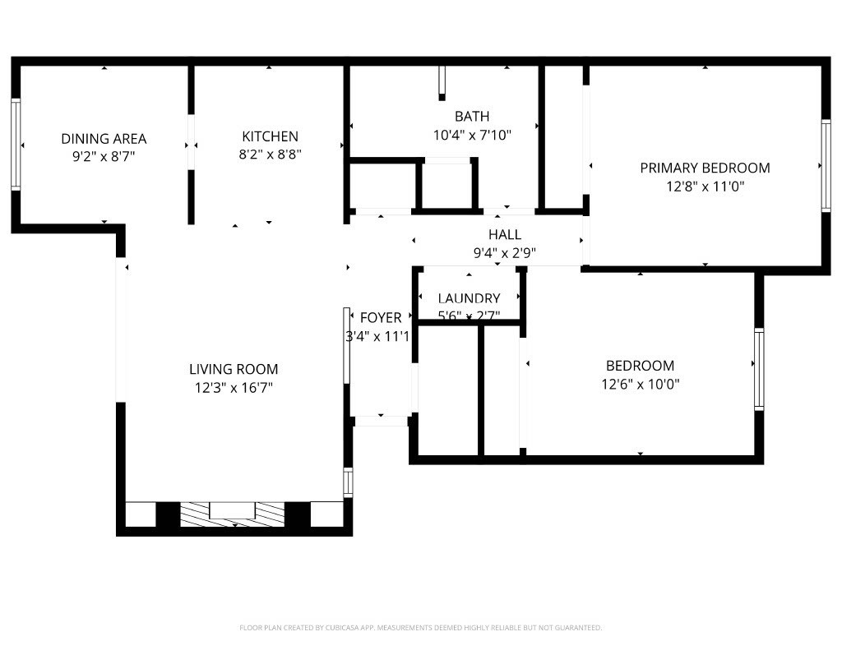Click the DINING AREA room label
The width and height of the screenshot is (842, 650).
point(104,139)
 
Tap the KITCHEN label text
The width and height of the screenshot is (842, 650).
point(270,136)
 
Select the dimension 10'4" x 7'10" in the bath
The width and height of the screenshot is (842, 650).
point(472,135)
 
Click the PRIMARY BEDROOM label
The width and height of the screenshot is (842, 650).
point(705,168)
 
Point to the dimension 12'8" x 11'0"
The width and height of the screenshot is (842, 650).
point(705,187)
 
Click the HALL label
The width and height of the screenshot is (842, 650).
point(504,235)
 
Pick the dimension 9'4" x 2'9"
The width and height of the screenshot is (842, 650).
point(504,253)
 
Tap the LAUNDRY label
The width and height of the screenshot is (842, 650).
point(469,298)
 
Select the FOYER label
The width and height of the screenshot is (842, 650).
point(381,317)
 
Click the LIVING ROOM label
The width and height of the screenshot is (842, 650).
point(234,369)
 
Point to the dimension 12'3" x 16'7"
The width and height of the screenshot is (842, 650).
point(234,388)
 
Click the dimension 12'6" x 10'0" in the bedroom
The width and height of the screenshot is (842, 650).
point(640,384)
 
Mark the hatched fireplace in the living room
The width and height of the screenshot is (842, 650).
point(233,514)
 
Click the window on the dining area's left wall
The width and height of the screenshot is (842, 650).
point(15,145)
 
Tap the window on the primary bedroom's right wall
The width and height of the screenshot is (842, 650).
point(825,165)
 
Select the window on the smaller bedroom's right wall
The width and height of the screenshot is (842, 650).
point(758,368)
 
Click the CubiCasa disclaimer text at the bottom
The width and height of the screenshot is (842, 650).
point(420,628)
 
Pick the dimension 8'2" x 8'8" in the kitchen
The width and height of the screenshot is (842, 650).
point(270,154)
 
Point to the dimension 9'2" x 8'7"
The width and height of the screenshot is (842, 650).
point(104,157)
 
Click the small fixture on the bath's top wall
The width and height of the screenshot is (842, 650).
point(442,82)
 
